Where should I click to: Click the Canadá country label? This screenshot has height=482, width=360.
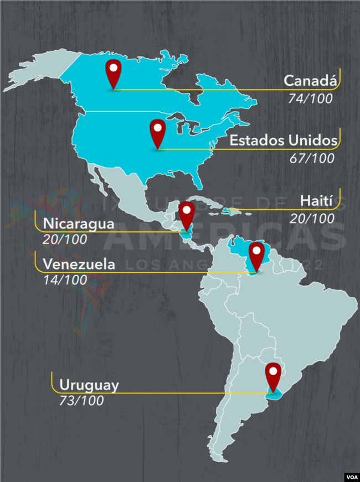pyautogui.click(x=310, y=80)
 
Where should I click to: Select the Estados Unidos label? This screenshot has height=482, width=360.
pyautogui.click(x=284, y=141)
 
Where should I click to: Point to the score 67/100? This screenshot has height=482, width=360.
pyautogui.click(x=312, y=158)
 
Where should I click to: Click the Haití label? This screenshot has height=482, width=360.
pyautogui.click(x=316, y=200)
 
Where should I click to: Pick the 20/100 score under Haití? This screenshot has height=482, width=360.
pyautogui.click(x=312, y=218)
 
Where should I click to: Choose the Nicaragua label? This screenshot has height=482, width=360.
pyautogui.click(x=78, y=224)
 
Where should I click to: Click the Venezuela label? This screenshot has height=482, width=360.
pyautogui.click(x=79, y=264)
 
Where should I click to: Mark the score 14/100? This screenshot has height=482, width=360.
pyautogui.click(x=65, y=279)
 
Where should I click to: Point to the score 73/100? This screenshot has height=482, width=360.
pyautogui.click(x=81, y=401)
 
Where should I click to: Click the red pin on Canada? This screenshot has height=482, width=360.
pyautogui.click(x=114, y=72)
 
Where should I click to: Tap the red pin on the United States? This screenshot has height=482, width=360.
pyautogui.click(x=158, y=133)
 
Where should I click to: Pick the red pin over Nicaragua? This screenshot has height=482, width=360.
pyautogui.click(x=186, y=215)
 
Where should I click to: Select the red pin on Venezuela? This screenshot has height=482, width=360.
pyautogui.click(x=256, y=255)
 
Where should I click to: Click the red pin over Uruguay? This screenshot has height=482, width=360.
pyautogui.click(x=273, y=375)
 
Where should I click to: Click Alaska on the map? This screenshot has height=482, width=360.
pyautogui.click(x=39, y=72)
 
